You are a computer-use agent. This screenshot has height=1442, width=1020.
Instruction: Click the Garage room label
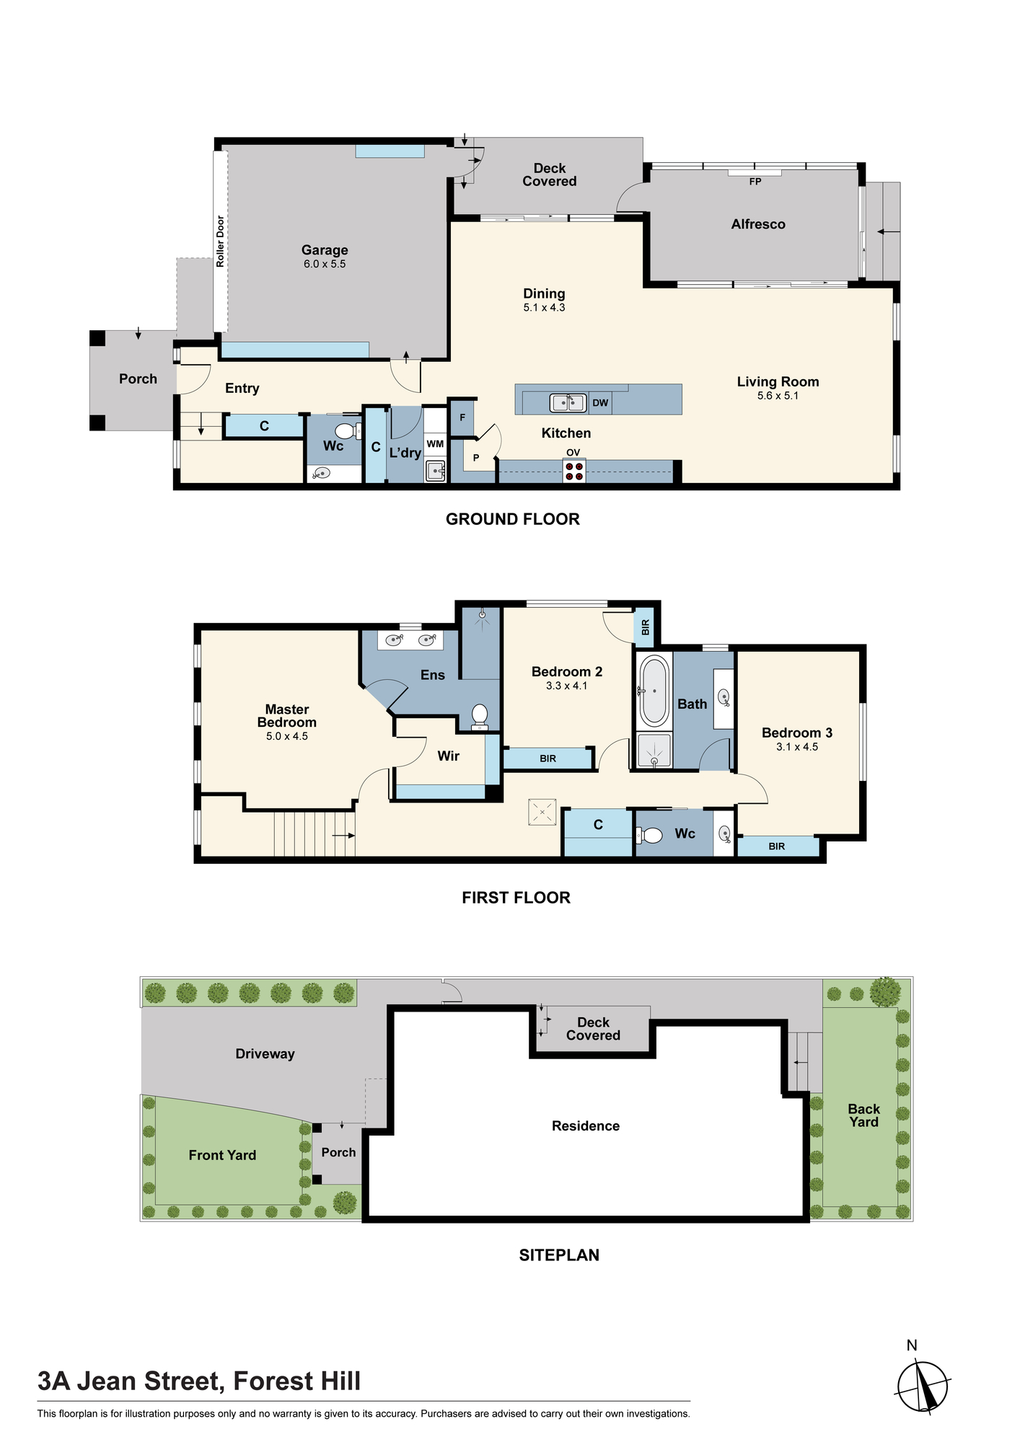(325, 250)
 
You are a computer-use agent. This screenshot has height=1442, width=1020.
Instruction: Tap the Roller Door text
(221, 242)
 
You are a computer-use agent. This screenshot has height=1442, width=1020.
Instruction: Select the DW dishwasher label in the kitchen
(600, 403)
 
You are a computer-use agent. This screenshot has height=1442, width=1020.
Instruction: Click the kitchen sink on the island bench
(568, 402)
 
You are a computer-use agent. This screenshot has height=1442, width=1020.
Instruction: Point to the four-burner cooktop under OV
(574, 472)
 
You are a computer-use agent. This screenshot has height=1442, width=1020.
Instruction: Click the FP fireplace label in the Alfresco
(755, 182)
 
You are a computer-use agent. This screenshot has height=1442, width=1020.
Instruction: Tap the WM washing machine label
(435, 444)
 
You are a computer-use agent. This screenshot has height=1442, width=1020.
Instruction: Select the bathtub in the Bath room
(655, 691)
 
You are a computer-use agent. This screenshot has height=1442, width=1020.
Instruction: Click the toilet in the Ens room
(480, 717)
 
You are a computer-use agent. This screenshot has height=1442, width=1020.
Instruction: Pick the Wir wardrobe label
(449, 756)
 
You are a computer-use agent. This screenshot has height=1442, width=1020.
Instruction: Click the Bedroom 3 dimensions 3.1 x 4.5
(797, 747)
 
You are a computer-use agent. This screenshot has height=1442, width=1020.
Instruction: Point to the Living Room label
(778, 382)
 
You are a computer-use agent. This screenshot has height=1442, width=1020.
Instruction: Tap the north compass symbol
(923, 1386)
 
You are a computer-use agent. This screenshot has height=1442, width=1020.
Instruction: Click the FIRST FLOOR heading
(516, 898)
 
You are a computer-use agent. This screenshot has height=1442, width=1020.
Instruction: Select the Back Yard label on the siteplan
(863, 1115)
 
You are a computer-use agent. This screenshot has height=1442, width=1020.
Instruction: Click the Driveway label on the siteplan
(265, 1054)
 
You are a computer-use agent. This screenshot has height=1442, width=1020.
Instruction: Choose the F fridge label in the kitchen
(462, 417)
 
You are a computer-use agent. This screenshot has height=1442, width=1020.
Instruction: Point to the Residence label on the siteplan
(586, 1126)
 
